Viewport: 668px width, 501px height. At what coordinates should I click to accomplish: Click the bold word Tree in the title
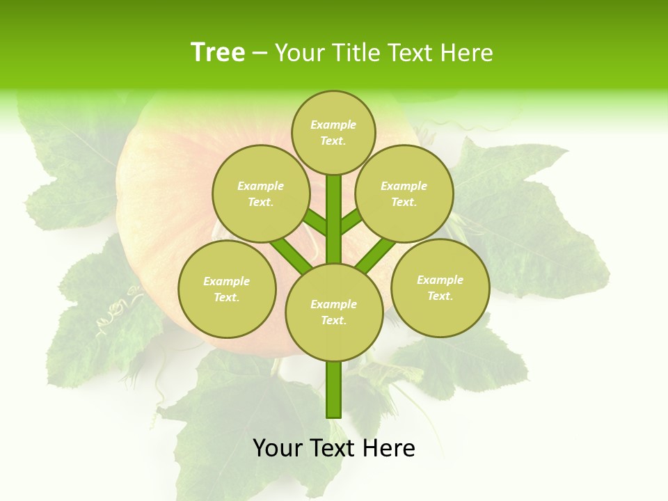click(x=218, y=52)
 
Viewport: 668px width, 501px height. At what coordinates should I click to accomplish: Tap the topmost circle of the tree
click(x=333, y=132)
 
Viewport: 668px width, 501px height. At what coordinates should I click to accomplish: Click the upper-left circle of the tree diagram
click(x=260, y=193)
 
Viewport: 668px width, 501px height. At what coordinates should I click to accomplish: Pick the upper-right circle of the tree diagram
click(x=404, y=193)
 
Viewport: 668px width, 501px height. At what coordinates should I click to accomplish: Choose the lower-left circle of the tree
click(x=226, y=289)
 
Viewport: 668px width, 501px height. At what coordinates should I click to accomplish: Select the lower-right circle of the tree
click(x=440, y=287)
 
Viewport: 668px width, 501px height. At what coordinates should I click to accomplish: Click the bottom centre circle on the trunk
click(x=333, y=312)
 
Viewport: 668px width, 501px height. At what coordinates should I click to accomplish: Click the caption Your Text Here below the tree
click(x=333, y=448)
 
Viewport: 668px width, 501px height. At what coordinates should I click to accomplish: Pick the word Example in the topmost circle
click(x=333, y=125)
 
